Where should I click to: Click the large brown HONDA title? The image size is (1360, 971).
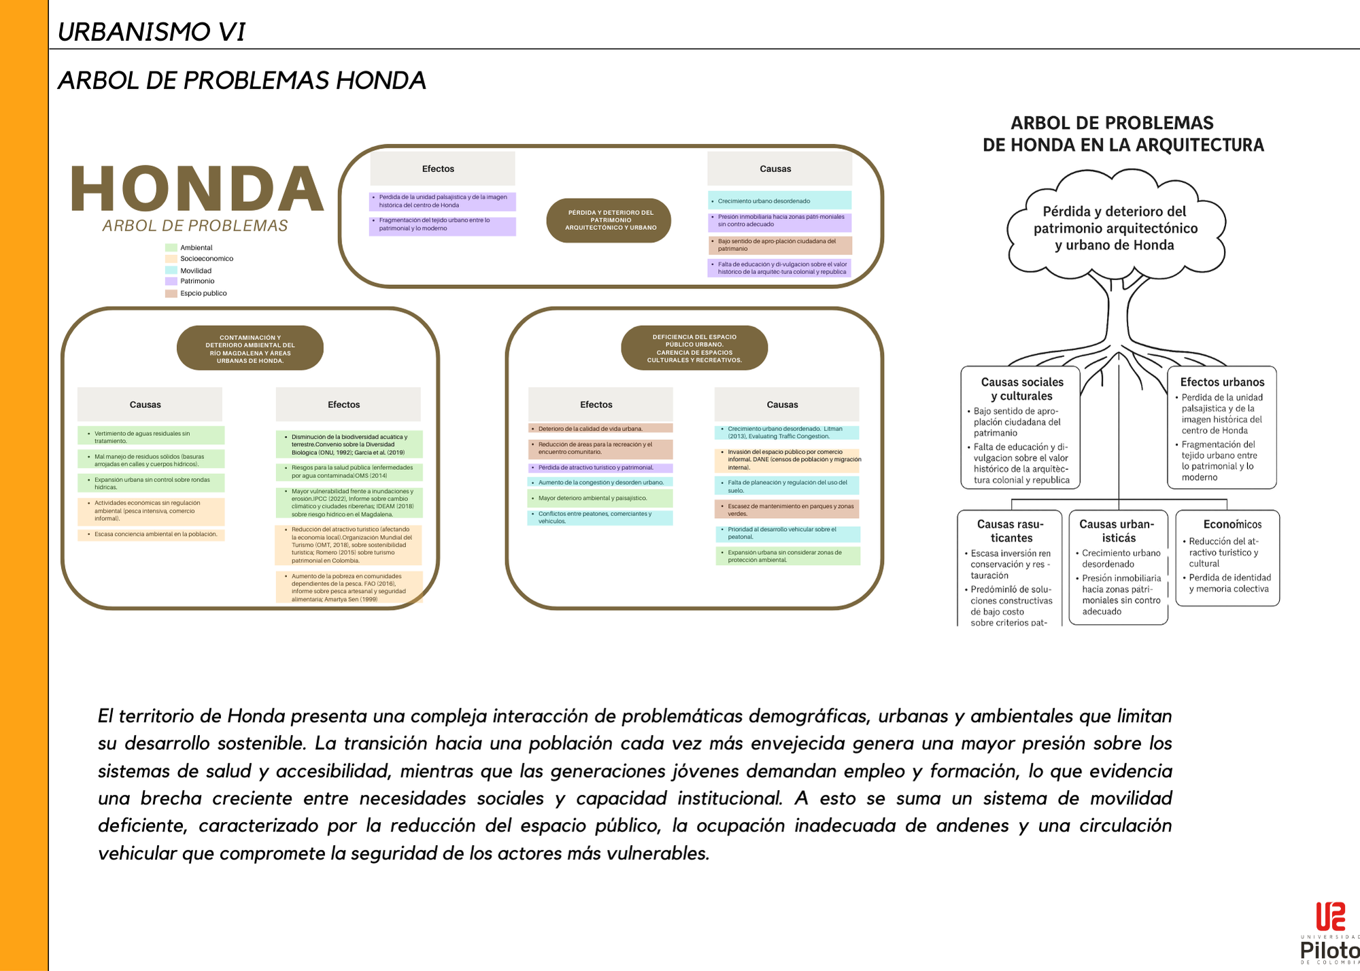click(197, 189)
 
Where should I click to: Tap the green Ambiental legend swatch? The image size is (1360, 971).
click(171, 248)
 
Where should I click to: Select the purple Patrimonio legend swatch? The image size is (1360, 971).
click(171, 282)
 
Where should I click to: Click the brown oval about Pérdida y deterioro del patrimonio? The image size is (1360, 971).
click(609, 220)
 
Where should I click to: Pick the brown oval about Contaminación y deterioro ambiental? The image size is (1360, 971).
click(250, 348)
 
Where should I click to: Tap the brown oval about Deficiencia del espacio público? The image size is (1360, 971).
click(694, 348)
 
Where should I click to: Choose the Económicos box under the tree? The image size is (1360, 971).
click(1228, 558)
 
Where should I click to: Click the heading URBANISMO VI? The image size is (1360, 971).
click(151, 32)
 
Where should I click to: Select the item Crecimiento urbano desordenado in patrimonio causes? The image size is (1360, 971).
click(779, 201)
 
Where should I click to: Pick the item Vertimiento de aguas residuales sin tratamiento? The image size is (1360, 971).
click(151, 437)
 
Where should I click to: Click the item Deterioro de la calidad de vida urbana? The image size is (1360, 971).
click(600, 429)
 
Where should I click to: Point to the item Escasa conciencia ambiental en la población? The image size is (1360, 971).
click(151, 534)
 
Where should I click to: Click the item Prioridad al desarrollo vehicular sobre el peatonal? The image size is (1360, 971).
click(787, 533)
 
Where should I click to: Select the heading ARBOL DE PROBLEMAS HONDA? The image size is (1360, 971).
click(242, 81)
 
